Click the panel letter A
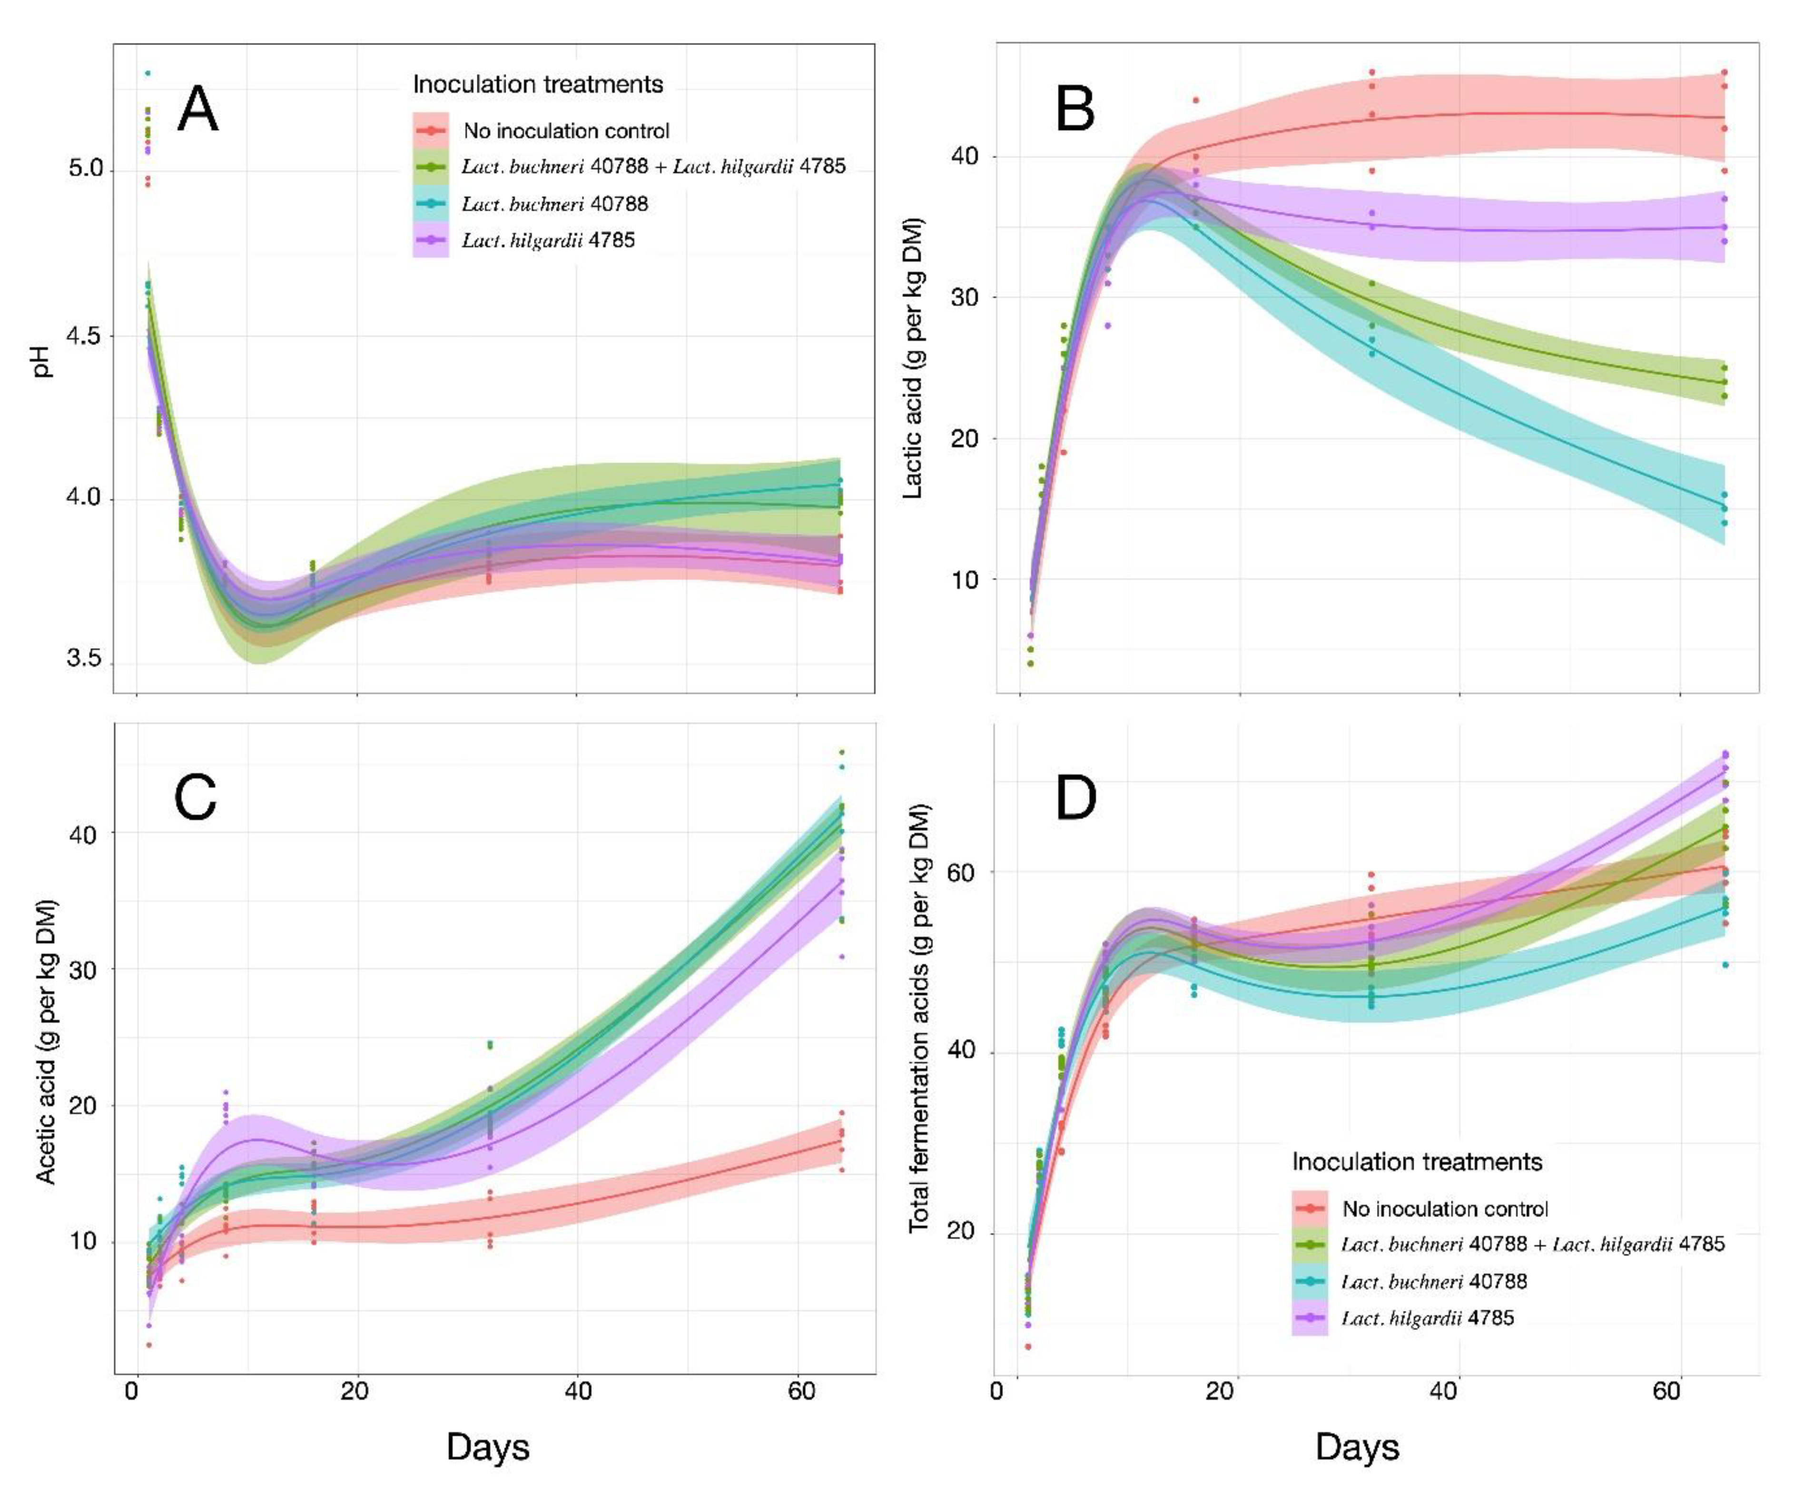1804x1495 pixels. point(197,110)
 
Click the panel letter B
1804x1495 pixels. point(1075,110)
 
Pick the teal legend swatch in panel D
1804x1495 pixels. point(1310,1281)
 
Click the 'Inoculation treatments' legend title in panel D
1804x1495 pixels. point(1418,1162)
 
